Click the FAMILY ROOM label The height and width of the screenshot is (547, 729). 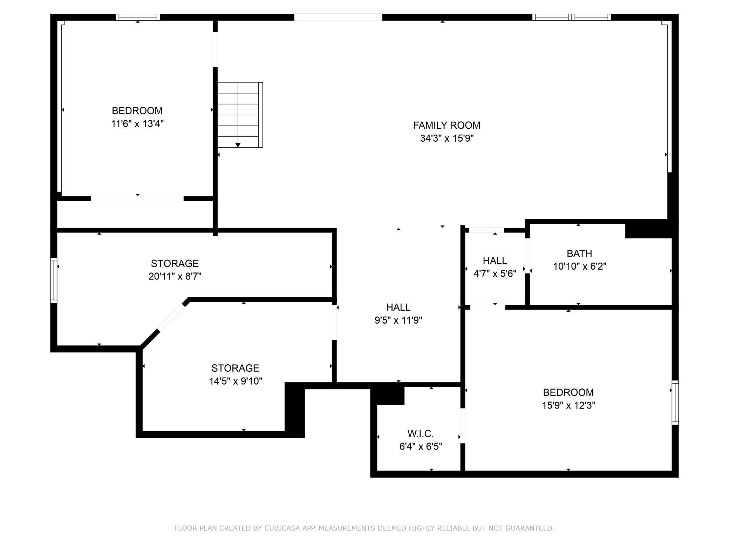coord(447,125)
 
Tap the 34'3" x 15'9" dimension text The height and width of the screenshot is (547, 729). coord(447,139)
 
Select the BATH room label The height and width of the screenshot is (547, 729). coord(579,253)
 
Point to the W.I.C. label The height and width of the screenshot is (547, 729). coord(421,434)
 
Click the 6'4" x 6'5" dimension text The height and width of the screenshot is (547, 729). coord(421,447)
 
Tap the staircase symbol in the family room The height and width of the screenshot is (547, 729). coord(240,115)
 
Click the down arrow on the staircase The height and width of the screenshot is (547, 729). coord(238,145)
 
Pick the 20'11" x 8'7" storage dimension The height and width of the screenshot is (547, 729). coord(175,276)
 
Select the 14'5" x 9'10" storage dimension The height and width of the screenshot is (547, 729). coord(236,381)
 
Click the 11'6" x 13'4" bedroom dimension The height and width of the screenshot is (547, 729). coord(137,124)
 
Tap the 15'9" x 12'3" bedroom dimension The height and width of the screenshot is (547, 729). coord(568,405)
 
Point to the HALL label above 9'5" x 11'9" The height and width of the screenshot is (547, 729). coord(398,307)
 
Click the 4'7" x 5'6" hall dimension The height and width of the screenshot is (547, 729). coord(495,273)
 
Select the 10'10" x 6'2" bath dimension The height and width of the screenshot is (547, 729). coord(580,266)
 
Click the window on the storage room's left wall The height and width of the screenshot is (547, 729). coord(54,280)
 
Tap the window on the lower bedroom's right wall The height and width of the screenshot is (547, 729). coord(675,403)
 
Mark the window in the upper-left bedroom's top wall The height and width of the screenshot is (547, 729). coord(138,17)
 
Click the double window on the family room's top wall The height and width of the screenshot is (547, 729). coord(572,17)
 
